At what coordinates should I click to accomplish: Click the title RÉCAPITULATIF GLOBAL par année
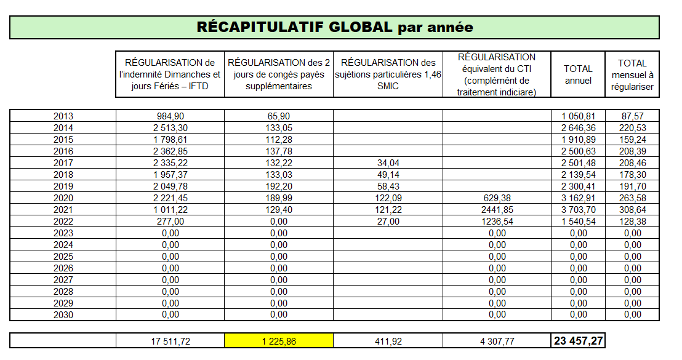pyautogui.click(x=334, y=27)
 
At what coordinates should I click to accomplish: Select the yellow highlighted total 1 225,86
pyautogui.click(x=279, y=341)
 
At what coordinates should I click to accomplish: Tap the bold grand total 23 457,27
pyautogui.click(x=577, y=341)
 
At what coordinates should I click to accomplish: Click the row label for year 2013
pyautogui.click(x=63, y=116)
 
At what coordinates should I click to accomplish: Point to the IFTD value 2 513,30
pyautogui.click(x=170, y=127)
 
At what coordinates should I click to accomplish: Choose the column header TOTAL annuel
pyautogui.click(x=577, y=74)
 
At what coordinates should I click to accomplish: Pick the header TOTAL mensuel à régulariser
pyautogui.click(x=632, y=74)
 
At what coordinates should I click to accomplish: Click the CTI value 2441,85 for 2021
pyautogui.click(x=497, y=210)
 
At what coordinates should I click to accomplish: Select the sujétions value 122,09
pyautogui.click(x=388, y=198)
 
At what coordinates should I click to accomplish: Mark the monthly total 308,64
pyautogui.click(x=632, y=210)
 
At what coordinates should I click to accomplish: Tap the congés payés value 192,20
pyautogui.click(x=279, y=186)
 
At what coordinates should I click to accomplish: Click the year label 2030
pyautogui.click(x=63, y=314)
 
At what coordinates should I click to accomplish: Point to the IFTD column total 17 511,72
pyautogui.click(x=170, y=341)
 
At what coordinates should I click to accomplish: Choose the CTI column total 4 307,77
pyautogui.click(x=497, y=341)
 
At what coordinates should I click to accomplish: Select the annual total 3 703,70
pyautogui.click(x=577, y=210)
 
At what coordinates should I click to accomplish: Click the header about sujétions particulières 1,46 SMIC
pyautogui.click(x=388, y=74)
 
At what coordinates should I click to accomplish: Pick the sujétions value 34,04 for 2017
pyautogui.click(x=388, y=163)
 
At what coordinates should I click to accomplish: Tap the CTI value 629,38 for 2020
pyautogui.click(x=497, y=198)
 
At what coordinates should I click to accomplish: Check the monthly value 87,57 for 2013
pyautogui.click(x=632, y=116)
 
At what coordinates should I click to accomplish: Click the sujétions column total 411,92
pyautogui.click(x=388, y=341)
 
